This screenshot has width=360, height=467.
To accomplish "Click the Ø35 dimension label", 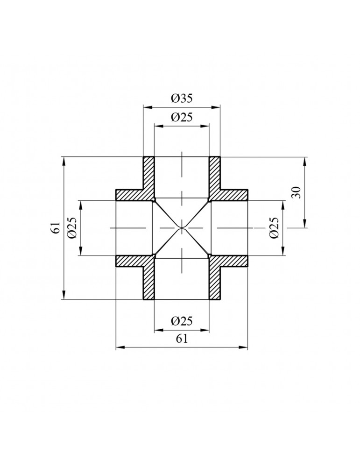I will pyautogui.click(x=182, y=99).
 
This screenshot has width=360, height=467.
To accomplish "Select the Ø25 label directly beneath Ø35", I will pyautogui.click(x=182, y=118).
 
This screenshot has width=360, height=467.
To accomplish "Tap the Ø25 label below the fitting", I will pyautogui.click(x=182, y=321).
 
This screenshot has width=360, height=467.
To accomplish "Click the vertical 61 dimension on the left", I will pyautogui.click(x=56, y=228).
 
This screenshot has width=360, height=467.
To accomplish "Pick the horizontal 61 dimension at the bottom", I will pyautogui.click(x=182, y=340).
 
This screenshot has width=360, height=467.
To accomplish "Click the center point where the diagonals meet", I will pyautogui.click(x=182, y=228).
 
